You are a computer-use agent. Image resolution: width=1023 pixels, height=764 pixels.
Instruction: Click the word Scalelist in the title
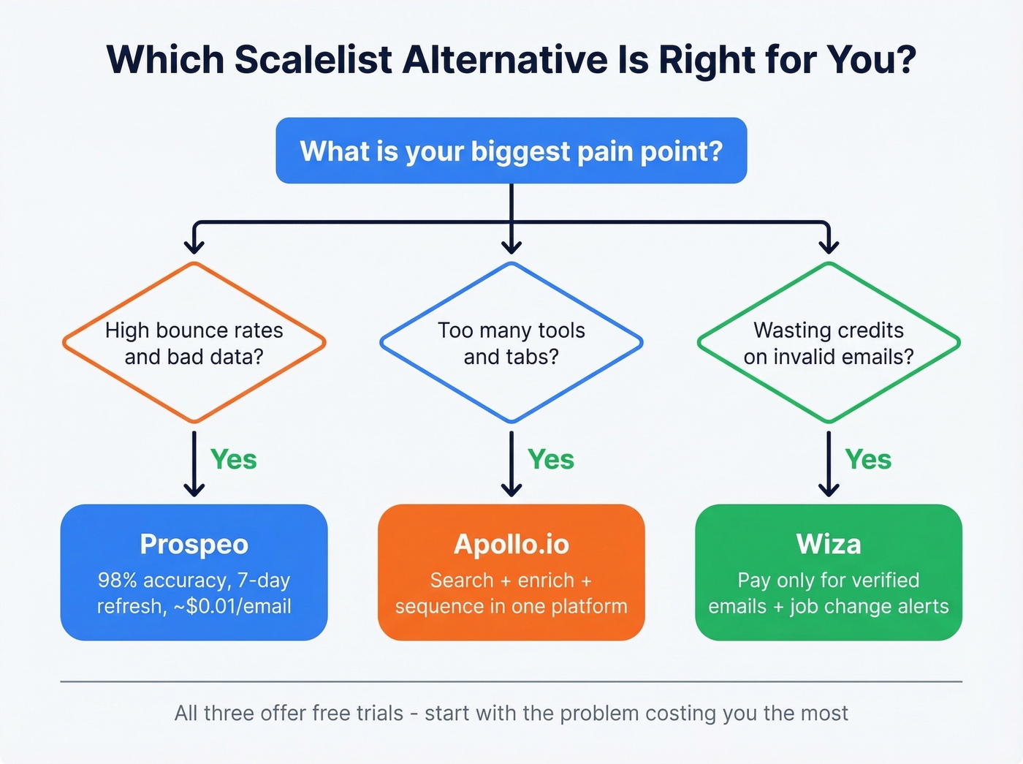(313, 60)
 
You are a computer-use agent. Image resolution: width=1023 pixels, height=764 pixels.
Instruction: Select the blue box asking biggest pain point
(511, 151)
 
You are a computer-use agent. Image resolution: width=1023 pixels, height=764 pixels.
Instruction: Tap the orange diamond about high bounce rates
(194, 343)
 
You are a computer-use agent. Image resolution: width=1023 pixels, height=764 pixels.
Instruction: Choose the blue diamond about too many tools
(511, 343)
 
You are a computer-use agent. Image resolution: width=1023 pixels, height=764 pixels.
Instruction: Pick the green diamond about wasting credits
(829, 343)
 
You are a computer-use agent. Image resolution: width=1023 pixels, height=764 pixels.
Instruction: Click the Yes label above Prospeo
(234, 460)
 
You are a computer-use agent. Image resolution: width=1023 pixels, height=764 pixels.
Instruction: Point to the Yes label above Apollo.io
(551, 460)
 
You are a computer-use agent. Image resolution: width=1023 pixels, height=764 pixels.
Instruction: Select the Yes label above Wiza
(868, 460)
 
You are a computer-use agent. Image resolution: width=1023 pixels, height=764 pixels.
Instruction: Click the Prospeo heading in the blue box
(194, 545)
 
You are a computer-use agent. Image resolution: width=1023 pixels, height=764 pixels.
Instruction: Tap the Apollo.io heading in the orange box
(511, 545)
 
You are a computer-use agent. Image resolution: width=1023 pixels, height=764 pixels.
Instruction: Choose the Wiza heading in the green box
(829, 545)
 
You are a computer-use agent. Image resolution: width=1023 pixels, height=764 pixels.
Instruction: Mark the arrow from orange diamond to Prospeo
(194, 464)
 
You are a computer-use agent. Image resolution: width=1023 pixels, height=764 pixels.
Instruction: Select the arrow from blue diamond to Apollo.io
(512, 464)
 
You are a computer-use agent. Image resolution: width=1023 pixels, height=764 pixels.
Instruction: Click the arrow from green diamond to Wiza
(829, 464)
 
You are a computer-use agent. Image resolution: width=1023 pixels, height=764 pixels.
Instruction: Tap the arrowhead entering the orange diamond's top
(194, 246)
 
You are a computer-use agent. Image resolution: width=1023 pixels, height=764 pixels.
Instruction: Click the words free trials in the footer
(357, 714)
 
